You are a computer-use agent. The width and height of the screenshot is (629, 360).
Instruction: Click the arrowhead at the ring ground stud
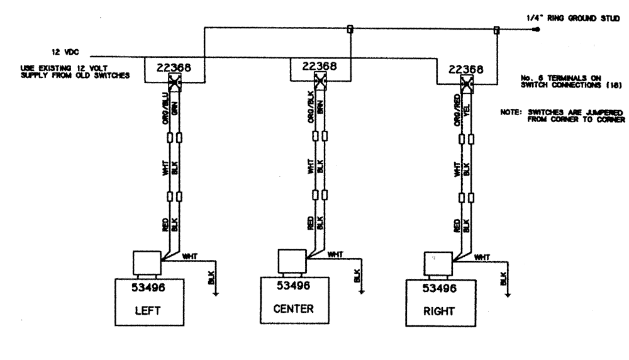tap(535, 29)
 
